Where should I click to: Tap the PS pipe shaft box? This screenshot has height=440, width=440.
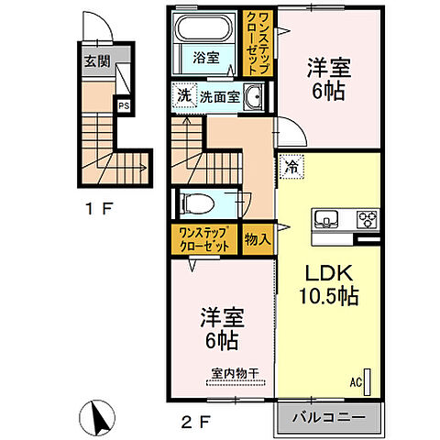122,104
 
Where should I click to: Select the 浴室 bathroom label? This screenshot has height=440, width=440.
204,57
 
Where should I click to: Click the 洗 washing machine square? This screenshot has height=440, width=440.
183,95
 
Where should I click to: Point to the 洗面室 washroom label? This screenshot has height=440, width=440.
220,95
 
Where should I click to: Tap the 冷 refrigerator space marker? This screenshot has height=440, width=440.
291,167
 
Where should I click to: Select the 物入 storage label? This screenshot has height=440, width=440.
258,238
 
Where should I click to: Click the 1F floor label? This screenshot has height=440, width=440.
100,209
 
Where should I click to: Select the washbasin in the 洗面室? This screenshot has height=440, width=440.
254,96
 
